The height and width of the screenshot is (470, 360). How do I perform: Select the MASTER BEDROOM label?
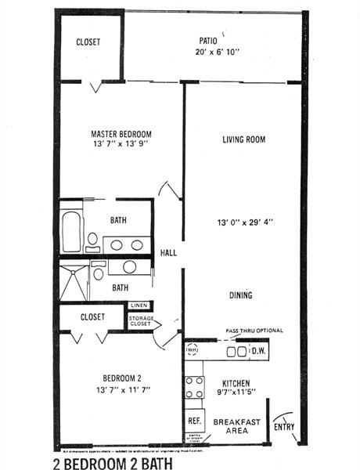121,134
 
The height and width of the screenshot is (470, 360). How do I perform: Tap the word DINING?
240,295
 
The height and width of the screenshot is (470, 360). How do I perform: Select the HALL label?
167,253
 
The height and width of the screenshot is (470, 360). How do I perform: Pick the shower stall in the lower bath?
75,280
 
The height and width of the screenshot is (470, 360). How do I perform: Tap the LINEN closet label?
139,305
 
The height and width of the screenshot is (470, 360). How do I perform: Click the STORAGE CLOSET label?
141,320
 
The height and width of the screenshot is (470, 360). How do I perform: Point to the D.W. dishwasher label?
258,352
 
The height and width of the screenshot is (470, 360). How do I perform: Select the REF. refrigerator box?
194,421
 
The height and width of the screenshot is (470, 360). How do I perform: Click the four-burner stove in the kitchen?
193,389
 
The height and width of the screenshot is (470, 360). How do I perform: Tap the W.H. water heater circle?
193,349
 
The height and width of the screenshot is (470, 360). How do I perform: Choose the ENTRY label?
284,427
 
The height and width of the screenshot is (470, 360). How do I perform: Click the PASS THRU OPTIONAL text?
254,331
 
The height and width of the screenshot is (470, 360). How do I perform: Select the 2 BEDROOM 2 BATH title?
120,462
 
